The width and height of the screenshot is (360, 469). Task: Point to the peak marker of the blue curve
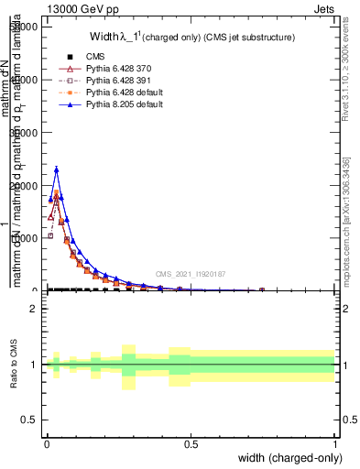click(56, 169)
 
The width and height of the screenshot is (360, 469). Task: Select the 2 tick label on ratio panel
click(35, 309)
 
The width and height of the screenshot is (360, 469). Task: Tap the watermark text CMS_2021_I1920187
click(191, 274)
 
